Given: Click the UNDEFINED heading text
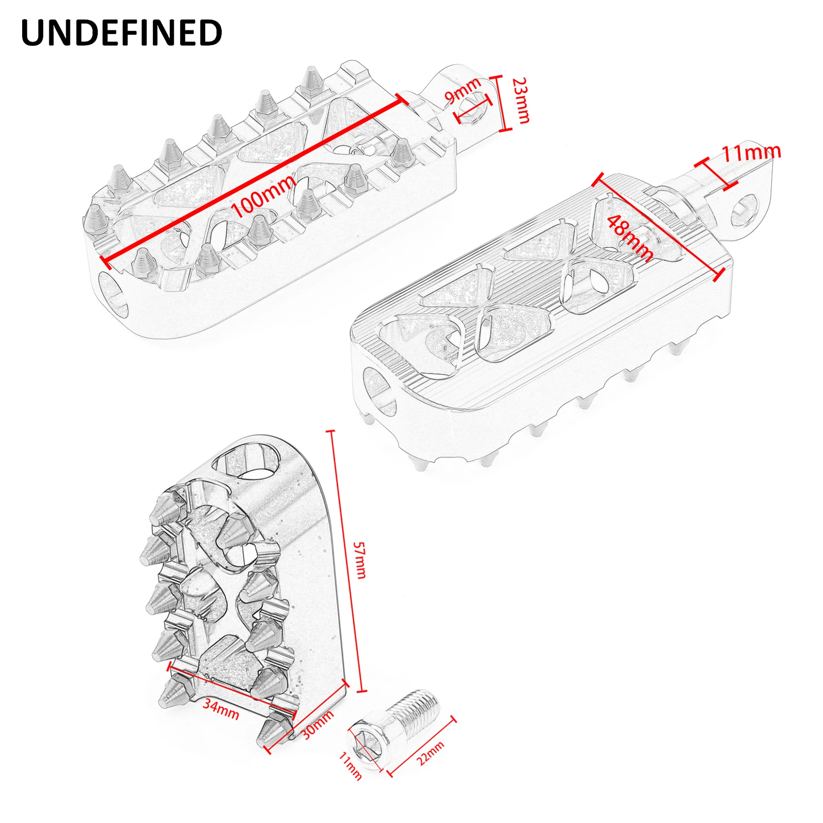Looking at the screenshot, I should (121, 33).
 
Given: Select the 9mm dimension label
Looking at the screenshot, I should (462, 91).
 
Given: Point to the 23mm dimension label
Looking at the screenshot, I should (522, 101).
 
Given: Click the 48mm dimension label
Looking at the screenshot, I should (631, 238).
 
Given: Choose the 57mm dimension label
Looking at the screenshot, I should (360, 560).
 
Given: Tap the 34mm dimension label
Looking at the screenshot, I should (221, 709).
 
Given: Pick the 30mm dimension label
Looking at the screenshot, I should (317, 725).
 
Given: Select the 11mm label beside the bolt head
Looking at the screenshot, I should (351, 766).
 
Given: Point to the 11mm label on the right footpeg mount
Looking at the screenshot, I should (751, 152).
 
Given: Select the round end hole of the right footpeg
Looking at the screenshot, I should (380, 391).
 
